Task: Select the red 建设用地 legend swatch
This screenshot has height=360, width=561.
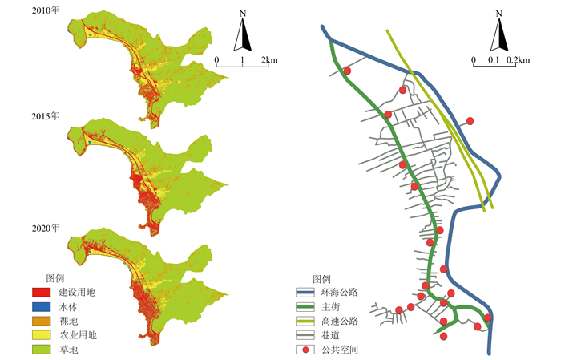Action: (42, 292)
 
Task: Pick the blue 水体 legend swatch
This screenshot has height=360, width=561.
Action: (42, 307)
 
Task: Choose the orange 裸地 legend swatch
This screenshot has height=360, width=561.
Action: (42, 321)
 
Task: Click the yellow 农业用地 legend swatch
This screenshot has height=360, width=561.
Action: (42, 335)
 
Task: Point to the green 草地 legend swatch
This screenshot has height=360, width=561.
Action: (42, 350)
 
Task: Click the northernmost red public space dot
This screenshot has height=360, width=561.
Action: (347, 71)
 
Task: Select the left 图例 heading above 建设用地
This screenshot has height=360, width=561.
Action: (56, 277)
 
